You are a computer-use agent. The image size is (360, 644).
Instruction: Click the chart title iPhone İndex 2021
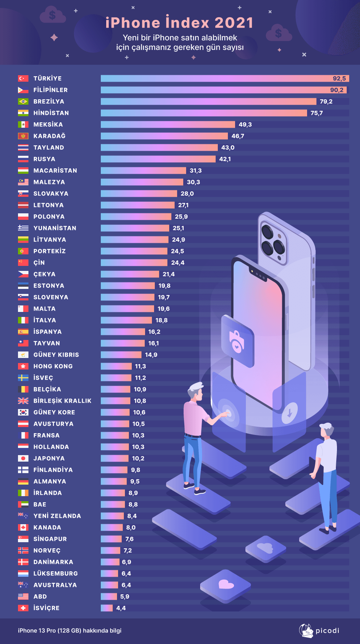[179, 23]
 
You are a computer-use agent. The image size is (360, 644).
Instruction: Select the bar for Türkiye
[216, 78]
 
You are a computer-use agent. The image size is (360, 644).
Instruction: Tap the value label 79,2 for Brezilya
[326, 101]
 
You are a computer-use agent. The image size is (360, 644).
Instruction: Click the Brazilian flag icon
[23, 101]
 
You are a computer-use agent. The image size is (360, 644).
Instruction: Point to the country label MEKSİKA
[48, 124]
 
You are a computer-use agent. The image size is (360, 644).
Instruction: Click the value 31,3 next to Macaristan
[195, 171]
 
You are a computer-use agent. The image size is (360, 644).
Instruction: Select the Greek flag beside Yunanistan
[23, 228]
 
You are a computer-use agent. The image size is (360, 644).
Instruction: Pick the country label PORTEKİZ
[49, 251]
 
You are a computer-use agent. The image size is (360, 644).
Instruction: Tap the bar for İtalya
[126, 320]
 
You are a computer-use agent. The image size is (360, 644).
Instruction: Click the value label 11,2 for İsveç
[140, 378]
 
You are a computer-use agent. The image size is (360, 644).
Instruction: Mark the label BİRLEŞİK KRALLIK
[62, 401]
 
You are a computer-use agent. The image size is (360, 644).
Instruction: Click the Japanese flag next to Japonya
[23, 458]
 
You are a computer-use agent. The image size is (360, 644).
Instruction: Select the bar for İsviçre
[107, 608]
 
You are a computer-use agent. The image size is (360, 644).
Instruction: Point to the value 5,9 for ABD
[125, 597]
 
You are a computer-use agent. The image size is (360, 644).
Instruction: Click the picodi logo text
[327, 631]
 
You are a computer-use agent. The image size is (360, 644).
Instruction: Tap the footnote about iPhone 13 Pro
[69, 631]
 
